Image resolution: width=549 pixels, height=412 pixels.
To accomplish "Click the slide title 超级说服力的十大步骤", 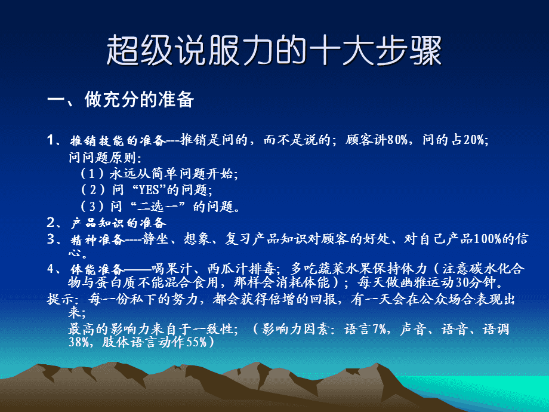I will pos(274,51).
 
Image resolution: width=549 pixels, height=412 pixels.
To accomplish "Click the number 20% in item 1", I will pos(474,141).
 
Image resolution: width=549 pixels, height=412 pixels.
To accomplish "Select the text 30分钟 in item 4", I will pos(475,281).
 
